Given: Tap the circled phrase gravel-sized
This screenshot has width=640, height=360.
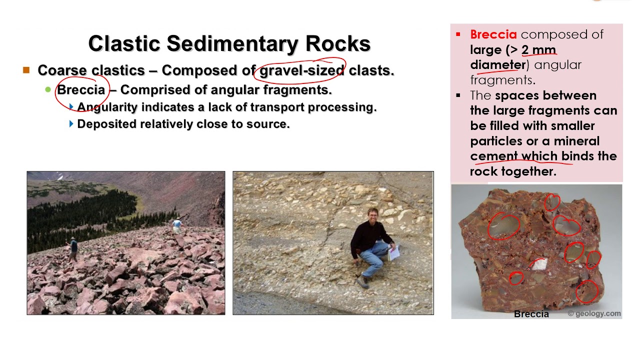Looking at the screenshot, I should click(301, 70).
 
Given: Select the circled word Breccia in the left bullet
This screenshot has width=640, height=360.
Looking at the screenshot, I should click(81, 90).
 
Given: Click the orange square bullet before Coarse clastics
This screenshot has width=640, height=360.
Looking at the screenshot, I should click(26, 70).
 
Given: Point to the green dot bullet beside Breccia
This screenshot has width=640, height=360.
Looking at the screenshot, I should click(48, 90).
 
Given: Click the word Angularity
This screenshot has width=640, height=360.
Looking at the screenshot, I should click(107, 107).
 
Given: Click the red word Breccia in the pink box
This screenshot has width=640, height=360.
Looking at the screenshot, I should click(493, 34).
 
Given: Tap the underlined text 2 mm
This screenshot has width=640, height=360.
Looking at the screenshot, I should click(538, 50).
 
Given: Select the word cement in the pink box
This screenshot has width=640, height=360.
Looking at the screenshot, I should click(493, 156).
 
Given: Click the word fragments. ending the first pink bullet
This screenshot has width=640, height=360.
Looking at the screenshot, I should click(502, 80).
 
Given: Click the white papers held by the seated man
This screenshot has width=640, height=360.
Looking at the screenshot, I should click(394, 252).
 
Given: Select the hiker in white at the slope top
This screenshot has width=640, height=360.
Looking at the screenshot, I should click(176, 226).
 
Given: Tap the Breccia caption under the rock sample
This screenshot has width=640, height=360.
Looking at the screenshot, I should click(531, 314).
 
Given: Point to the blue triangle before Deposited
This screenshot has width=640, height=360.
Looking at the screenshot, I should click(71, 124).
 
